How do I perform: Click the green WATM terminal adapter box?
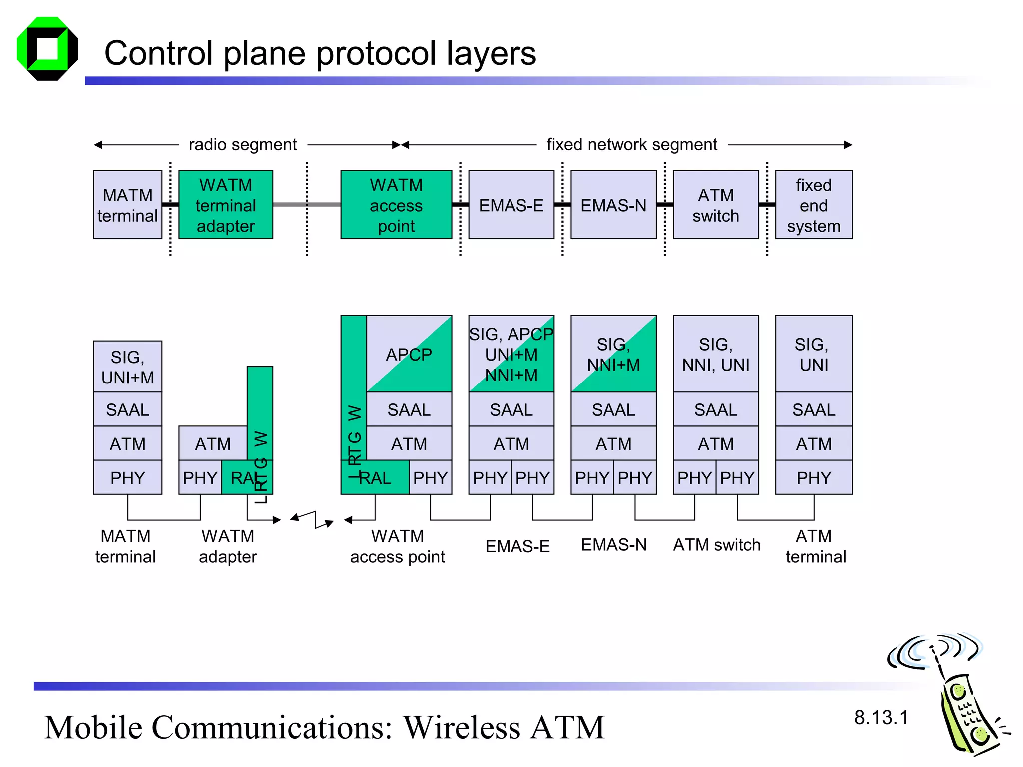(225, 205)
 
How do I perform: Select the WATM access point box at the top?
(396, 205)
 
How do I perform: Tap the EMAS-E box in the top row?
(511, 205)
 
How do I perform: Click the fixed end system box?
(813, 205)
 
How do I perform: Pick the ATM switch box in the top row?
(715, 205)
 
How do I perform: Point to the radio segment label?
(243, 145)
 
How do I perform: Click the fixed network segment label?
(631, 145)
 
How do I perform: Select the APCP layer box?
(409, 354)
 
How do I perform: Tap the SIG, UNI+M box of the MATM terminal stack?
(127, 367)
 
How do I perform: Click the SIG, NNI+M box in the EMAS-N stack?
(613, 354)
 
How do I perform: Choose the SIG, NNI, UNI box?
(715, 354)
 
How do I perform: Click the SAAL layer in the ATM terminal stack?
(813, 409)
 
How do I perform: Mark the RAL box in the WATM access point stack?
(376, 478)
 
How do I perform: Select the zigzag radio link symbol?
(313, 519)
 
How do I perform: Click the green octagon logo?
(47, 49)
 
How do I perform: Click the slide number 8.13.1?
(881, 718)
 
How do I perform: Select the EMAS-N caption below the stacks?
(613, 545)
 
